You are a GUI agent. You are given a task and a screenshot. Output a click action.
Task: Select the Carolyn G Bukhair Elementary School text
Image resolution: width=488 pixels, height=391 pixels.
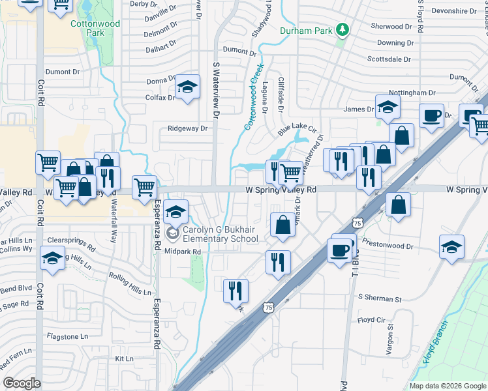[220, 234]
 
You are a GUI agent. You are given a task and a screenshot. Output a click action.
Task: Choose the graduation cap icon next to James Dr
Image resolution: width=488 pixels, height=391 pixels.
[387, 108]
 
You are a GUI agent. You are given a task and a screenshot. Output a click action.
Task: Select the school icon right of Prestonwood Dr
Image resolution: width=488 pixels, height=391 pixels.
[451, 248]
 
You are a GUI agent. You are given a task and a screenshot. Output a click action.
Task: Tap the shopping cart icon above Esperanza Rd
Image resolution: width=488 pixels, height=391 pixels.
[145, 188]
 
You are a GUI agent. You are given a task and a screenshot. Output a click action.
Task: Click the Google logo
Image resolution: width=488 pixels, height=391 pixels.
[22, 383]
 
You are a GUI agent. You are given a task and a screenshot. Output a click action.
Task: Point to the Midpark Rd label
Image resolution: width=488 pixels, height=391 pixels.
[183, 252]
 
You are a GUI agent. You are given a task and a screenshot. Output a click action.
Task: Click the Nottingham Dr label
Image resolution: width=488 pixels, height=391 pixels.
[412, 93]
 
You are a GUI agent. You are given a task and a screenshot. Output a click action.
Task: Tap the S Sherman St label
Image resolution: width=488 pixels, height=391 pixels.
[380, 298]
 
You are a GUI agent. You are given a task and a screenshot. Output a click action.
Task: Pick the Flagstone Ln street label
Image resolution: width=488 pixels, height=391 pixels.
[67, 336]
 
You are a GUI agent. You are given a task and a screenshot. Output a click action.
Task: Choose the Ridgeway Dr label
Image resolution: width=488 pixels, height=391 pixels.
[187, 128]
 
